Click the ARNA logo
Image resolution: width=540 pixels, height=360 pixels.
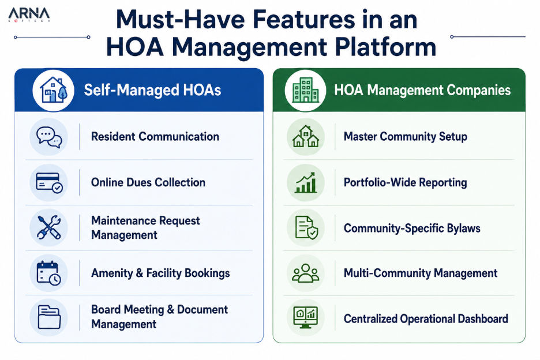pos(29,15)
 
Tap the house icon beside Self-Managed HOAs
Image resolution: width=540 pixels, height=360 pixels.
pos(53,90)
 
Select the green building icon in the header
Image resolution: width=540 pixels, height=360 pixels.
pos(305,90)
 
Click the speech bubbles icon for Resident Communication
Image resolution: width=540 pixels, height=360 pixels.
pos(49,137)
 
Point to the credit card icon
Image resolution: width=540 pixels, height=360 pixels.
pos(49,182)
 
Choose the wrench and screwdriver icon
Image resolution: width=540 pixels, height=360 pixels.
pos(49,228)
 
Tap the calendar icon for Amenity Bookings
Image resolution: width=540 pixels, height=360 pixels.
pos(49,273)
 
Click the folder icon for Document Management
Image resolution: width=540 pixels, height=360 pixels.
pos(49,317)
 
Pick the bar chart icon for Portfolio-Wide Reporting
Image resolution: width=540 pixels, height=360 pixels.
pos(305,182)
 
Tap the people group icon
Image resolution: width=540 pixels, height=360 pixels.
pos(305,273)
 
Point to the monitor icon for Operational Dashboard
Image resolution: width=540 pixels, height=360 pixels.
pos(305,318)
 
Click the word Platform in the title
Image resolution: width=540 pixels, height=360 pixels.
pos(385,47)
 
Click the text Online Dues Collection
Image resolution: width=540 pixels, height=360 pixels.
pos(148,182)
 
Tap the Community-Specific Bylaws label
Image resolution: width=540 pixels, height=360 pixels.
pos(412,228)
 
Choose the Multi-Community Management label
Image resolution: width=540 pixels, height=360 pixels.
pos(421,273)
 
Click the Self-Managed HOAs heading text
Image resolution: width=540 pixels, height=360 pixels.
pos(152,90)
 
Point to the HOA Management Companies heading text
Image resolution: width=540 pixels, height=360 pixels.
pos(422,90)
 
